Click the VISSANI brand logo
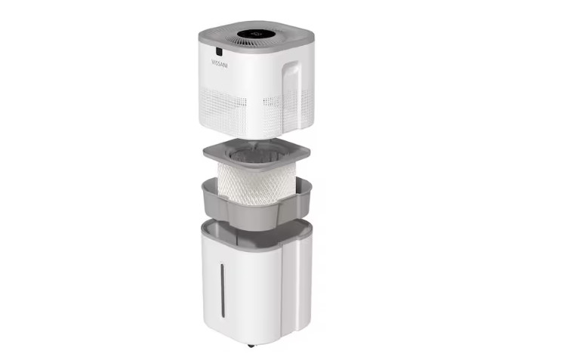(x=223, y=63)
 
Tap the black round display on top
(x=254, y=34)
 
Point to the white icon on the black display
(x=255, y=34)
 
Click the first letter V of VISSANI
(x=214, y=62)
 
